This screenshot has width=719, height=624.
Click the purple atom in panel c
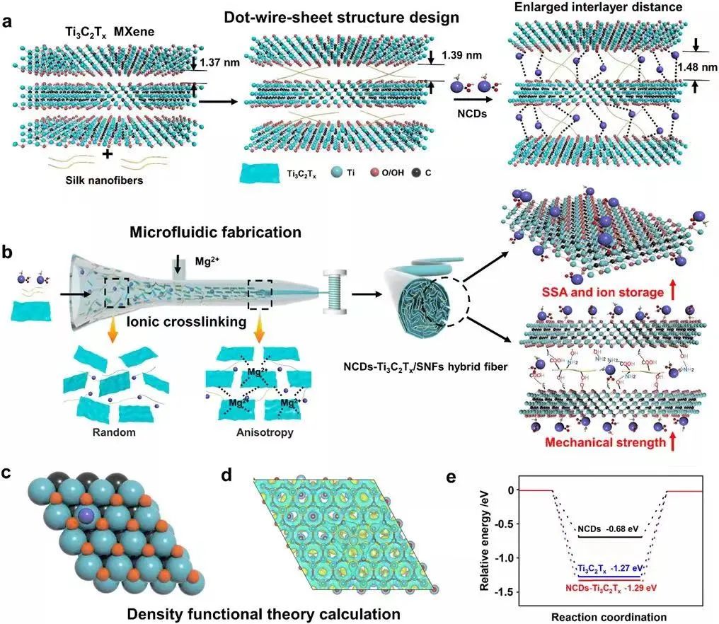tap(86, 516)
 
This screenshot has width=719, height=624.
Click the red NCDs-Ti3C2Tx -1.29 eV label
tap(609, 588)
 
